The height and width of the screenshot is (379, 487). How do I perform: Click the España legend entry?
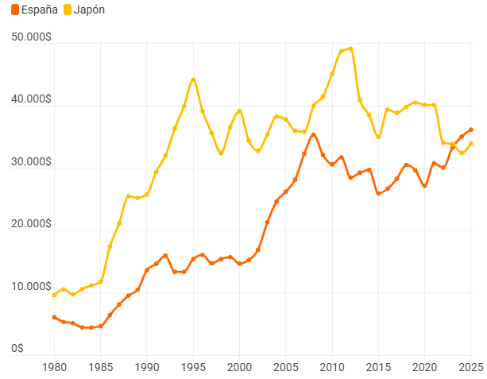34,10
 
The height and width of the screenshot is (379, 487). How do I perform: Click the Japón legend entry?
84,10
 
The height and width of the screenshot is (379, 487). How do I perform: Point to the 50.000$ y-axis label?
31,37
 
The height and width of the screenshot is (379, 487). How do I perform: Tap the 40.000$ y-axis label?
31,99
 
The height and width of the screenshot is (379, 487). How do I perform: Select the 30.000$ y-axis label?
31,161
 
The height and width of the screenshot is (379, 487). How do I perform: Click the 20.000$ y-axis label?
31,224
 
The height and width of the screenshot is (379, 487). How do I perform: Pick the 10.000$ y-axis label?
31,286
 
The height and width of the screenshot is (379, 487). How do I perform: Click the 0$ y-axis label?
17,348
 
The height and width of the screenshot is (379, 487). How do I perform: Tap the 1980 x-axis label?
54,367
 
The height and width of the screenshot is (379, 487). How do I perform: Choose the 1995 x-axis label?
193,367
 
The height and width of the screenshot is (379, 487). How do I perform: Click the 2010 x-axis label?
332,367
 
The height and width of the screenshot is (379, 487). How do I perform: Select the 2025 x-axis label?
471,367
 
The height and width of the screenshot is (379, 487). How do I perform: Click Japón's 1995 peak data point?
193,79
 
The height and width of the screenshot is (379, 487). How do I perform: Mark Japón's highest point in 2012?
350,48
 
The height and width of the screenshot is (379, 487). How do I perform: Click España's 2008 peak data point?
314,135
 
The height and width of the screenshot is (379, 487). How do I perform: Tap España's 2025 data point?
471,130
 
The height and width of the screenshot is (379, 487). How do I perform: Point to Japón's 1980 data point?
54,295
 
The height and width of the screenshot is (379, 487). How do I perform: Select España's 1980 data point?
54,317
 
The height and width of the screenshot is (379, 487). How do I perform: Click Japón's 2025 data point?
471,144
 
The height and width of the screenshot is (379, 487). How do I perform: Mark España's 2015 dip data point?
378,193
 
